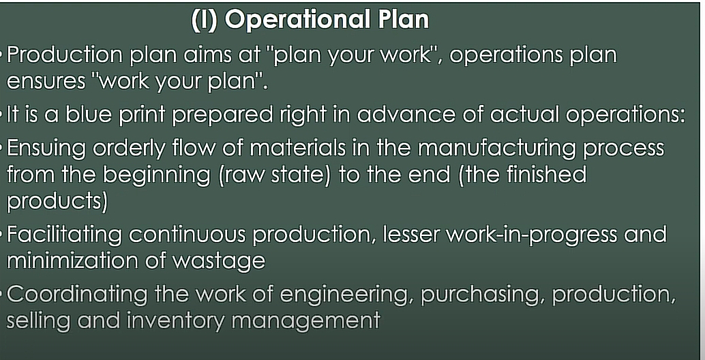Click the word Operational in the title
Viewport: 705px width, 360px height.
tap(298, 20)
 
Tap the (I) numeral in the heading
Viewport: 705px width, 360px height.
tap(205, 20)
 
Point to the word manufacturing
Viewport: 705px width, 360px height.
tap(497, 149)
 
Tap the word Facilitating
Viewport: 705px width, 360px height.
tap(64, 235)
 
